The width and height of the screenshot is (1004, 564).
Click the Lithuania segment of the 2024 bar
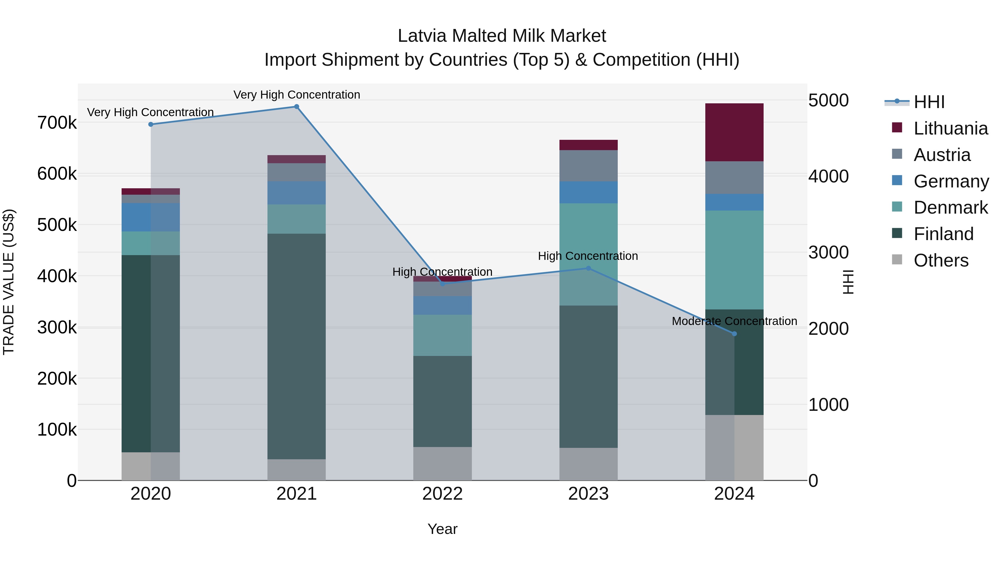click(734, 132)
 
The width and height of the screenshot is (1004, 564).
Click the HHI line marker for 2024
click(734, 334)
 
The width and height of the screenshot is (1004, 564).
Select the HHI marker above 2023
click(588, 268)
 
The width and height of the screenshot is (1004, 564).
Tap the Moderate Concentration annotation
click(734, 321)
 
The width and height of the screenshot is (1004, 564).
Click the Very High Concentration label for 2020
click(150, 112)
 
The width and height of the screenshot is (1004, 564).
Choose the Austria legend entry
click(942, 155)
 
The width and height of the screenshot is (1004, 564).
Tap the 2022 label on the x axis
click(442, 494)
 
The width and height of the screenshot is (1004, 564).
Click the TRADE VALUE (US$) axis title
click(9, 282)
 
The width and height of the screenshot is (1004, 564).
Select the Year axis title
click(442, 529)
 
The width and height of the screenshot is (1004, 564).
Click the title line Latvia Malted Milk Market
click(502, 36)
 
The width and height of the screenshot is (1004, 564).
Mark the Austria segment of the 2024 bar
click(734, 177)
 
